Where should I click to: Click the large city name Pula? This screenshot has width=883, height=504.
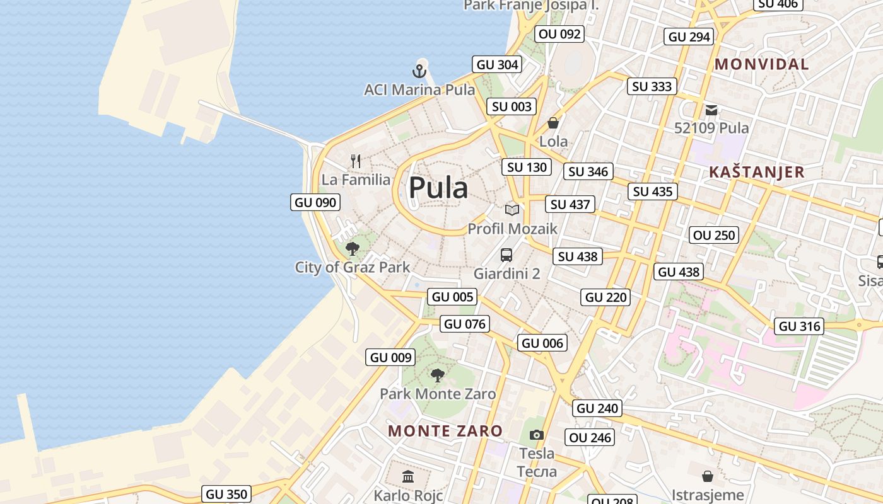pyautogui.click(x=438, y=188)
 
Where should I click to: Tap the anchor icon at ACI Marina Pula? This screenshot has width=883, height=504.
pyautogui.click(x=419, y=71)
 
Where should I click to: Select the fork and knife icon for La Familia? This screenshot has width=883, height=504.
pyautogui.click(x=356, y=161)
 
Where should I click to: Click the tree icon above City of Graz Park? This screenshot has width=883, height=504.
pyautogui.click(x=353, y=248)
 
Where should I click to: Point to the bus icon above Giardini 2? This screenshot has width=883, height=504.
pyautogui.click(x=506, y=255)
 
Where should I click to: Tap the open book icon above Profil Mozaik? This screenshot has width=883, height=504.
pyautogui.click(x=512, y=210)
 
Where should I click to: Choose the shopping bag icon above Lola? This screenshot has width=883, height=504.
pyautogui.click(x=553, y=123)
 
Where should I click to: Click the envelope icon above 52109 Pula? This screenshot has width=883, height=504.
pyautogui.click(x=711, y=110)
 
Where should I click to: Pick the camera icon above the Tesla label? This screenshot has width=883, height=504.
pyautogui.click(x=537, y=435)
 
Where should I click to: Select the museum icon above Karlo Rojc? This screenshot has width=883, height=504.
pyautogui.click(x=408, y=476)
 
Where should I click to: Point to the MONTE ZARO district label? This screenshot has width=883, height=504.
pyautogui.click(x=445, y=431)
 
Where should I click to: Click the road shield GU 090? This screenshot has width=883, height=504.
pyautogui.click(x=316, y=202)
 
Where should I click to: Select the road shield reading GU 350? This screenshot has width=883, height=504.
pyautogui.click(x=227, y=494)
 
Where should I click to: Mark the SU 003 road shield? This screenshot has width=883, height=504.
pyautogui.click(x=512, y=106)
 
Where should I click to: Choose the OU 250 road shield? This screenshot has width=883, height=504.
pyautogui.click(x=714, y=236)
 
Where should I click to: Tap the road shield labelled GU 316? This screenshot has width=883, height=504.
pyautogui.click(x=800, y=326)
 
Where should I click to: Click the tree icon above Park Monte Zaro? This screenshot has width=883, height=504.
pyautogui.click(x=437, y=376)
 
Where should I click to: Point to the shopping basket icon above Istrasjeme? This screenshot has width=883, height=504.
pyautogui.click(x=708, y=476)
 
